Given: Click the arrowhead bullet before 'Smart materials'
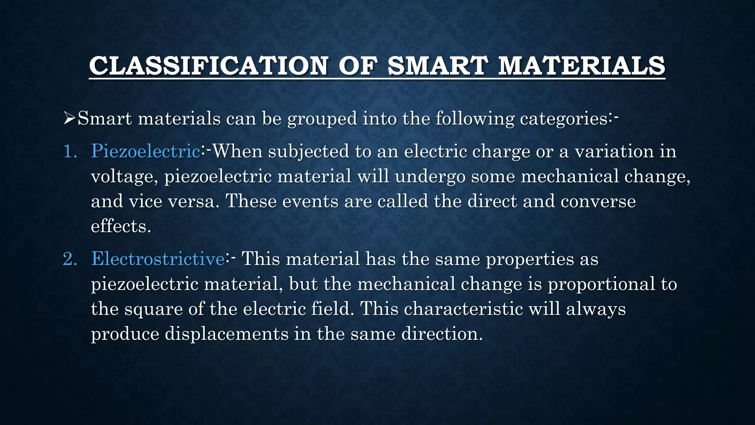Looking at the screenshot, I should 69,119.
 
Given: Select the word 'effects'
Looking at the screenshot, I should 120,226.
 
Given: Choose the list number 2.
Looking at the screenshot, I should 70,259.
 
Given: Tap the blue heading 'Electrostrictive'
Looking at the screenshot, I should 158,259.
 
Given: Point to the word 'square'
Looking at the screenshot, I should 153,310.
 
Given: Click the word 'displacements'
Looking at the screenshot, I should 226,334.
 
